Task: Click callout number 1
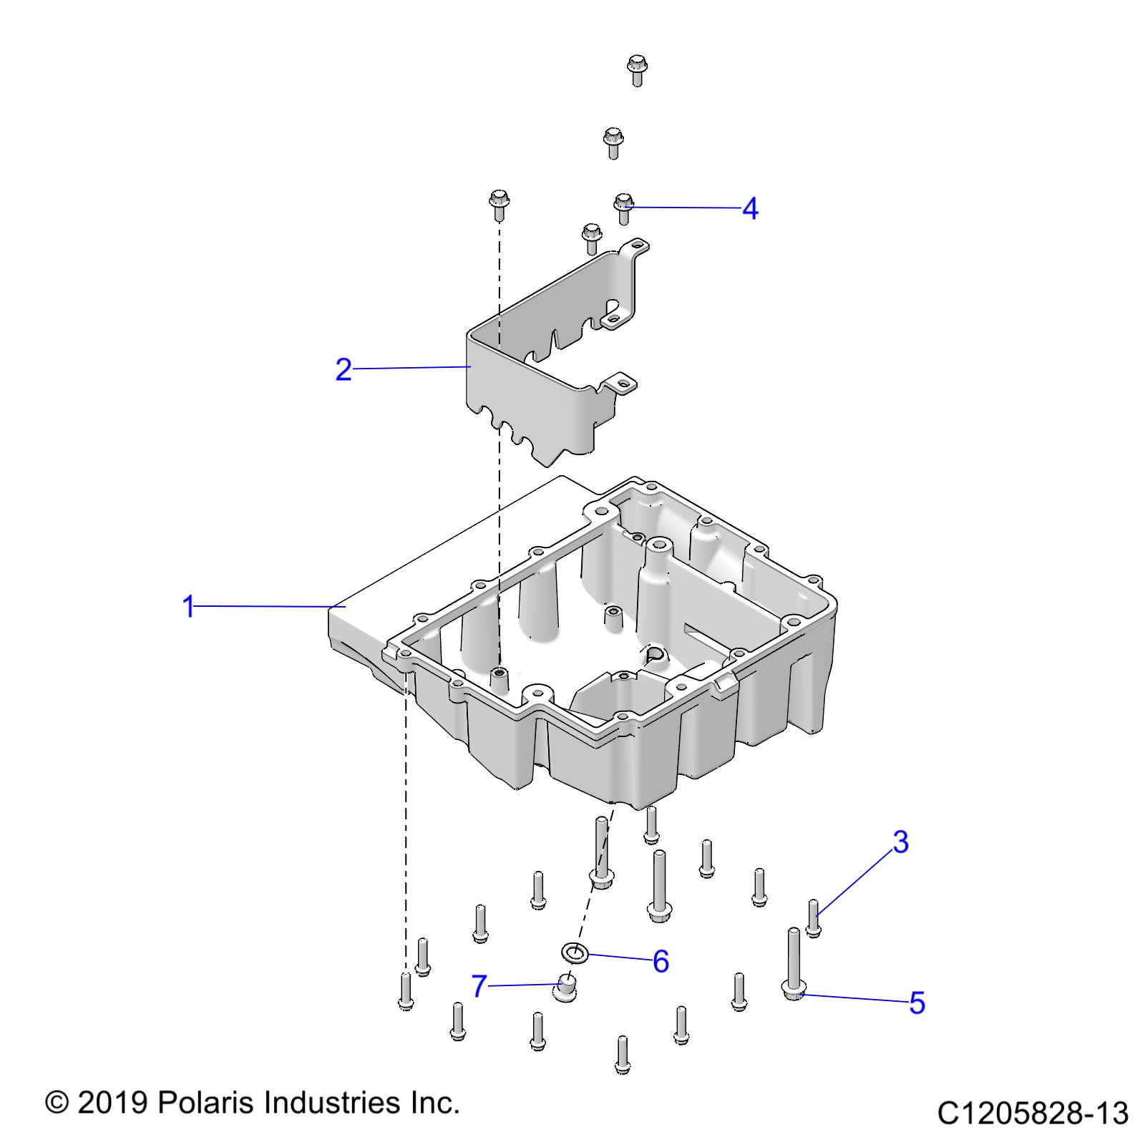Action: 188,606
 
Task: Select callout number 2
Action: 343,369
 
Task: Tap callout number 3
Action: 900,842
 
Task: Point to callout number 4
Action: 749,209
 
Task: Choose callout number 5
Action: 917,1003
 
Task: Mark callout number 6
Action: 661,962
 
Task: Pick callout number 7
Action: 479,988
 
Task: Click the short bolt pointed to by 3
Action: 813,917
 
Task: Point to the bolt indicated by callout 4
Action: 623,207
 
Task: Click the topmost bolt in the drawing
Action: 636,69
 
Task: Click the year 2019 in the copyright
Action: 112,1103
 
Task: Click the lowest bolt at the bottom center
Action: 623,1054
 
